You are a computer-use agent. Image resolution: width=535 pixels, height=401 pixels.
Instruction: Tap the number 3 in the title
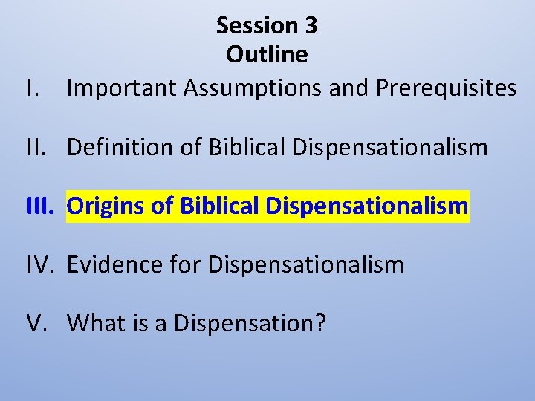[311, 26]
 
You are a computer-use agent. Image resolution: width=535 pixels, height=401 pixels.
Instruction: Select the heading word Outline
[267, 54]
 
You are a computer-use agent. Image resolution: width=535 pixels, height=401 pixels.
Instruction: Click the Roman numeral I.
[30, 88]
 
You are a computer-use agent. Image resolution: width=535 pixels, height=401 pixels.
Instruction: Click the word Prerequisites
[446, 88]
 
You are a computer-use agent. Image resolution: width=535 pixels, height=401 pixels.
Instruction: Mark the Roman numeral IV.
[38, 264]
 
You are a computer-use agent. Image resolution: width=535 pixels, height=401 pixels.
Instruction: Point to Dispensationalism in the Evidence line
[305, 264]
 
